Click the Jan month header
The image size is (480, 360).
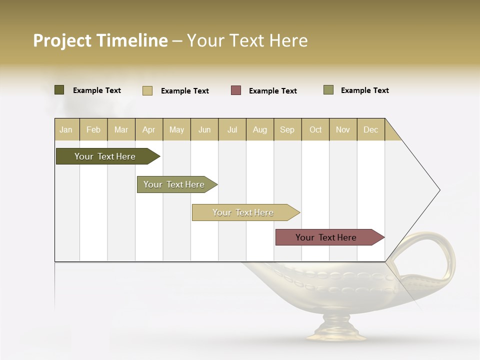click(66, 129)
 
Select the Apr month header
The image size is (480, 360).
click(148, 129)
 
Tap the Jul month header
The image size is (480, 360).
click(232, 129)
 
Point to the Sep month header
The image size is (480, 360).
click(287, 129)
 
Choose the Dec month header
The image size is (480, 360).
click(370, 129)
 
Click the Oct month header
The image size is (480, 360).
click(315, 129)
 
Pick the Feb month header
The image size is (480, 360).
click(93, 129)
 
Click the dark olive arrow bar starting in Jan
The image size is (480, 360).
click(104, 156)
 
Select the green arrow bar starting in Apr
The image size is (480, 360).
click(174, 184)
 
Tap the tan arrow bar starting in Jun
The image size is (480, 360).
click(243, 212)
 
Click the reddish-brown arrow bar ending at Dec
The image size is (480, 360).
click(326, 237)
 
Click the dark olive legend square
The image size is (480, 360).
click(59, 90)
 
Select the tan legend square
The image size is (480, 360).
click(147, 90)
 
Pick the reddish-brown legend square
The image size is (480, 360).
click(236, 90)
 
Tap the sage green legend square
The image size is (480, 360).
click(328, 90)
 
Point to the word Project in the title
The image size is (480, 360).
click(62, 40)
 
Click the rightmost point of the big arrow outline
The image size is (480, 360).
click(439, 190)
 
